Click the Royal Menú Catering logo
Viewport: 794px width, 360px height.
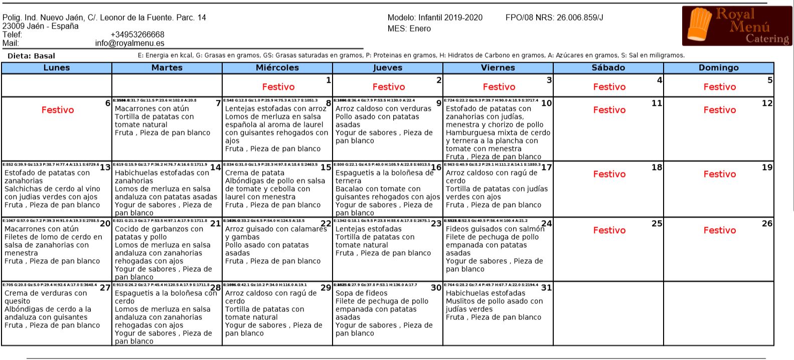pos(737,26)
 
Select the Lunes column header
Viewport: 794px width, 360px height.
pos(57,68)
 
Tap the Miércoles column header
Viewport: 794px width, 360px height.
pos(277,68)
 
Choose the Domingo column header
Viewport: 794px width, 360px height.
pos(719,68)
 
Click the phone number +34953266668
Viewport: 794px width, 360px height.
pos(137,35)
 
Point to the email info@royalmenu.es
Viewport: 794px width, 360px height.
pos(129,43)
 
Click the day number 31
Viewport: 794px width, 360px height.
pos(546,288)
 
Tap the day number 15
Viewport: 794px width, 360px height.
pos(326,167)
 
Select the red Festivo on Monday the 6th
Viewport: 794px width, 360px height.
pos(58,110)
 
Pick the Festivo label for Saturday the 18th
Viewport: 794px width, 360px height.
pos(609,174)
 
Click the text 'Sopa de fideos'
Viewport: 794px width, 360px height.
pos(361,293)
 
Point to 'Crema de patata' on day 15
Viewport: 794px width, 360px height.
pos(255,173)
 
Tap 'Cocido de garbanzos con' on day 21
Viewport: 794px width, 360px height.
pos(159,229)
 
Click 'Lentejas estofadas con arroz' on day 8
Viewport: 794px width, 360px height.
pos(275,109)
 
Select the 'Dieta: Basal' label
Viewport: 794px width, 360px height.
pos(31,56)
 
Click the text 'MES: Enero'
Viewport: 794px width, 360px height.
pos(409,29)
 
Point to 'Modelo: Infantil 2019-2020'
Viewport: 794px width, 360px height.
pos(435,18)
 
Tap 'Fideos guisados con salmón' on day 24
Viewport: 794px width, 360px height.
pos(495,229)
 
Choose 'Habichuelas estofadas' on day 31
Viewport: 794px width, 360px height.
pos(486,293)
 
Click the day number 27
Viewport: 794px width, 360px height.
pos(105,288)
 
